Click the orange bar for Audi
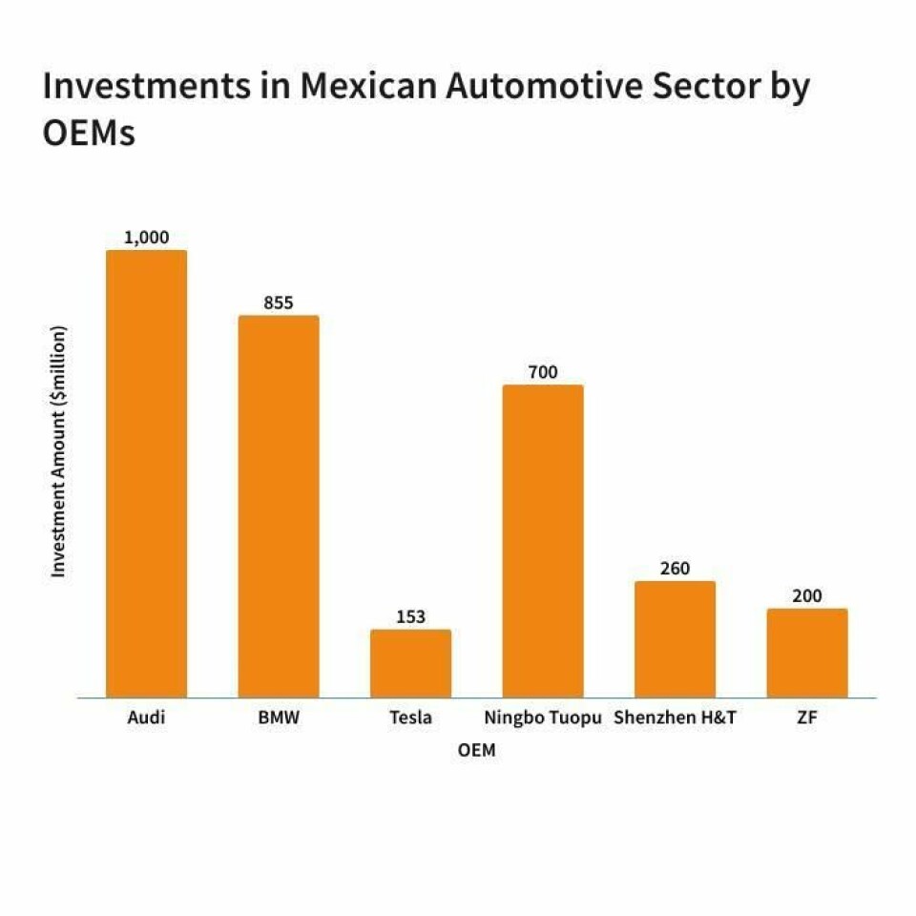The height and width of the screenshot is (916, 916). click(x=146, y=473)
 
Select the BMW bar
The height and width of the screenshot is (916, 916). click(x=279, y=506)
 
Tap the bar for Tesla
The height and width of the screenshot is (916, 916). click(x=410, y=663)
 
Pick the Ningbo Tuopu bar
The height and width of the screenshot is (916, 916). click(x=543, y=541)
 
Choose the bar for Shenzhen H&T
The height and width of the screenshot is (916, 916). click(x=675, y=639)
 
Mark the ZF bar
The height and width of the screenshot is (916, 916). click(x=807, y=653)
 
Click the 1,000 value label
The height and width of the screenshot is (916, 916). click(x=146, y=238)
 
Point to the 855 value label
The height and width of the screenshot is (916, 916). click(x=279, y=303)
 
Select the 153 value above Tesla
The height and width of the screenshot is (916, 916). click(x=410, y=616)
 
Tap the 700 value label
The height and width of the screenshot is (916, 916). click(x=543, y=372)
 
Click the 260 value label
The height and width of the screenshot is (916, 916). click(x=675, y=569)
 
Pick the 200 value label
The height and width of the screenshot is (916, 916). click(x=807, y=596)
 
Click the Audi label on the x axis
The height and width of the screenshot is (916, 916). click(x=146, y=718)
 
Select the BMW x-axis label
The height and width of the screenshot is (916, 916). click(x=279, y=718)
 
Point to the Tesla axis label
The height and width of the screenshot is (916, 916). click(x=410, y=718)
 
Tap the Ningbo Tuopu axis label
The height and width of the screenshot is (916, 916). click(x=543, y=718)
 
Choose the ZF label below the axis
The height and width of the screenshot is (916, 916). click(x=807, y=718)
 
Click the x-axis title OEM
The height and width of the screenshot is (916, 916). click(x=476, y=750)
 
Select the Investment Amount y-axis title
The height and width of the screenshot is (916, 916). click(x=59, y=451)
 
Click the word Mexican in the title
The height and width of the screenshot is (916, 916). click(x=369, y=87)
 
